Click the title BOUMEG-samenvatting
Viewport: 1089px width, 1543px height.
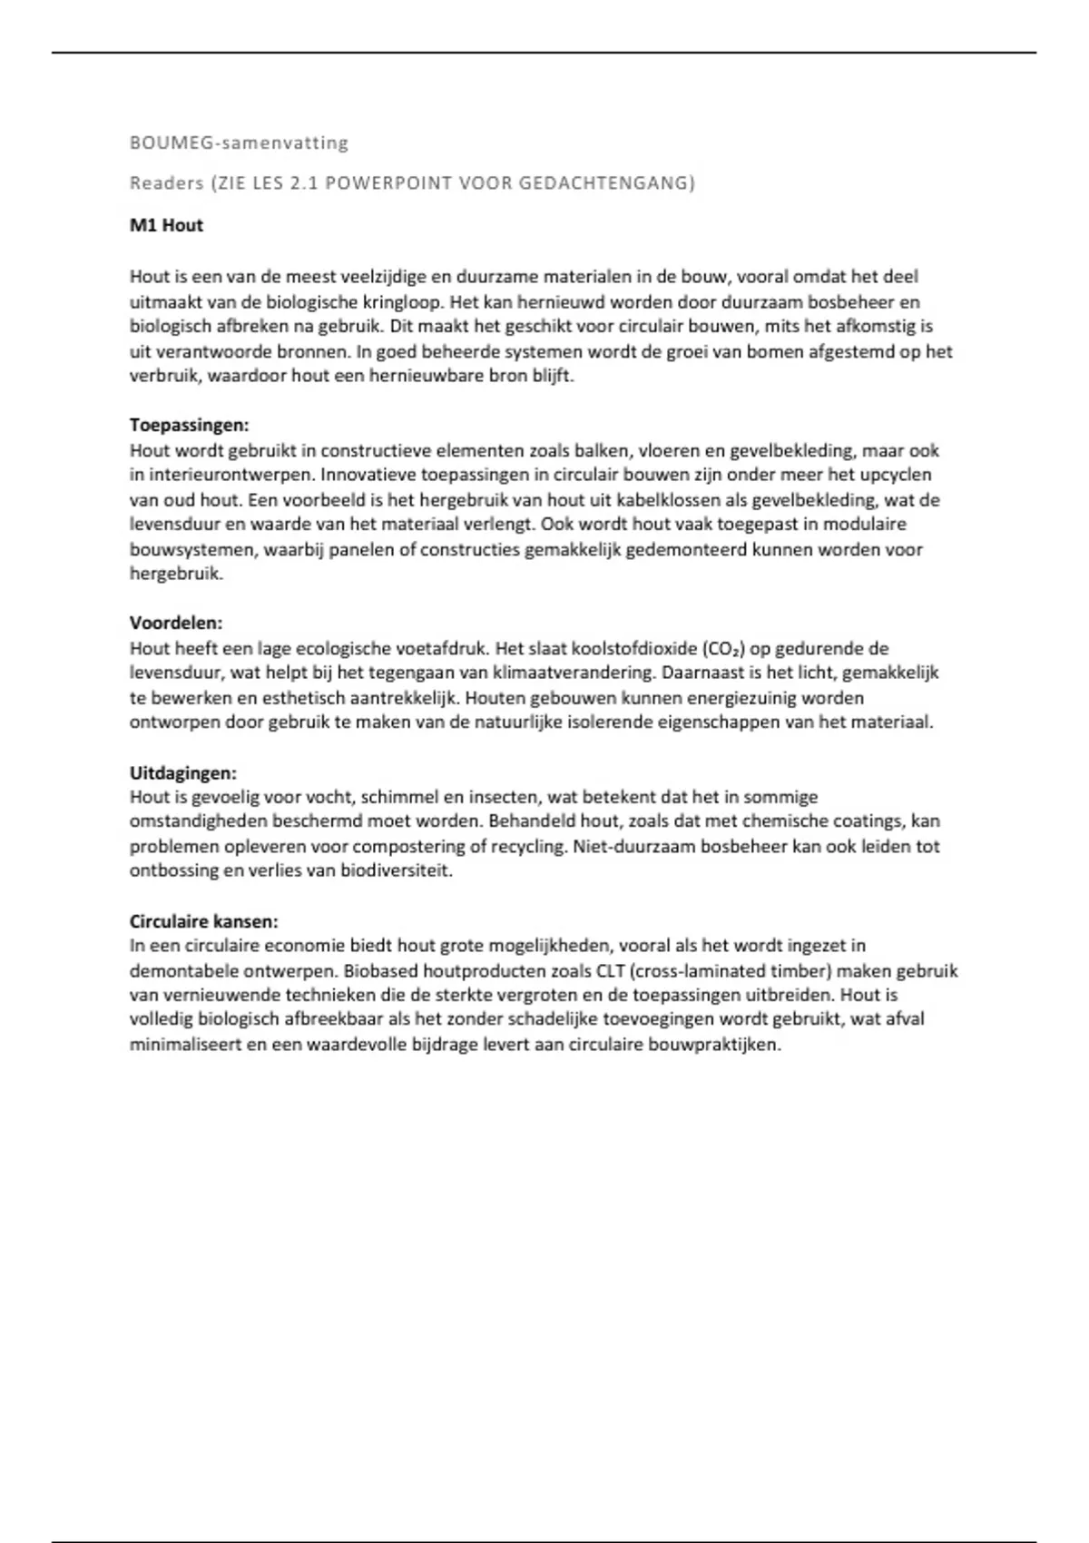click(x=239, y=143)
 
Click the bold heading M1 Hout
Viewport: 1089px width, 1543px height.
click(x=166, y=225)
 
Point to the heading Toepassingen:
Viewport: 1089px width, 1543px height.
click(x=189, y=425)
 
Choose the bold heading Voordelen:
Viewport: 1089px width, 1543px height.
click(x=176, y=623)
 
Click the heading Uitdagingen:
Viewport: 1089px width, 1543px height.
click(x=182, y=772)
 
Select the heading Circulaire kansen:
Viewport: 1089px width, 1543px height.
click(x=203, y=920)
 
